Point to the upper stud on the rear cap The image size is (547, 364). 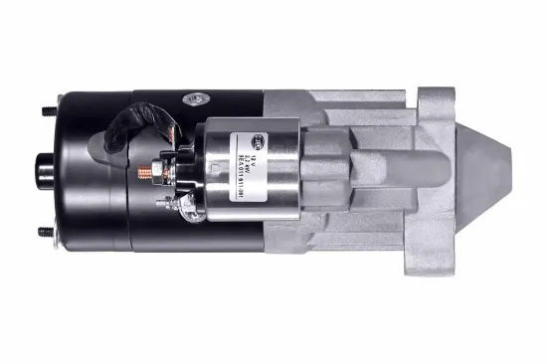(x=46, y=110)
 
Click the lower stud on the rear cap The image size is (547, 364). (x=46, y=233)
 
